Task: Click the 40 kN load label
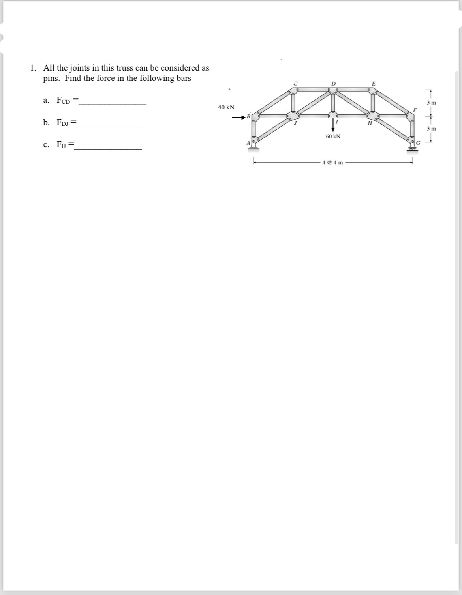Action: (226, 107)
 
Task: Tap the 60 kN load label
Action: (333, 136)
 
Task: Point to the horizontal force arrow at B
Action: (239, 117)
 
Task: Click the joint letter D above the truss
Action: (333, 83)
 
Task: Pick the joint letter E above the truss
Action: (374, 83)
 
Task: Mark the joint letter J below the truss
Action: (295, 123)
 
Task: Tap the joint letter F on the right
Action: (415, 109)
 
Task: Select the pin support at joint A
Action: (254, 146)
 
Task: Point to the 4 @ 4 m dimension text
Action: (333, 162)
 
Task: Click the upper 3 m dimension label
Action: (431, 103)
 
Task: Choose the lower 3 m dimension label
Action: (431, 129)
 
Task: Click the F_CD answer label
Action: (63, 100)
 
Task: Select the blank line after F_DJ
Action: (111, 126)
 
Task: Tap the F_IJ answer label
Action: (62, 144)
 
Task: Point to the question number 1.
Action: (33, 68)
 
